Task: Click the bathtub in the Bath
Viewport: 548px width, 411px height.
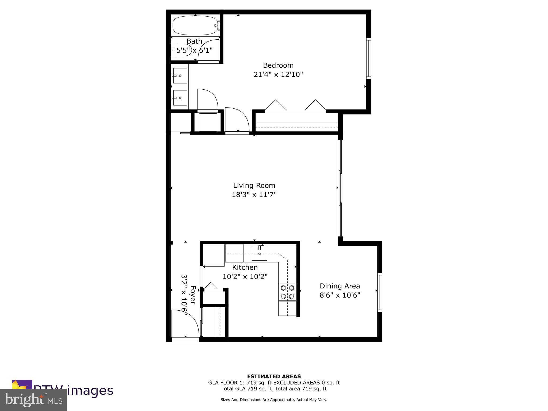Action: point(195,26)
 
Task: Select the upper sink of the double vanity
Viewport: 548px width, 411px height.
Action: point(180,76)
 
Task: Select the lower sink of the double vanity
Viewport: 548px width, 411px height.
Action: point(180,98)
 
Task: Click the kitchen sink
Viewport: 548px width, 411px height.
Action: point(259,254)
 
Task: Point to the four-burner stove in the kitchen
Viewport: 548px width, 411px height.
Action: point(287,292)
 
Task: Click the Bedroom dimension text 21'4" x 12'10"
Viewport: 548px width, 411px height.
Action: point(278,74)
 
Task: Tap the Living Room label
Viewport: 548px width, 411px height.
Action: point(254,185)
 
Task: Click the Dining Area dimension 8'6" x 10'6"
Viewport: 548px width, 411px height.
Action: point(340,295)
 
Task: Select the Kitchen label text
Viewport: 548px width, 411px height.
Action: point(245,267)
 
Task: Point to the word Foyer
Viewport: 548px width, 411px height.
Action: point(193,295)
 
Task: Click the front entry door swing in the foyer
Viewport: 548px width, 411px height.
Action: point(185,324)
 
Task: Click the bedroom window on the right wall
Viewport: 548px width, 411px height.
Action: point(368,58)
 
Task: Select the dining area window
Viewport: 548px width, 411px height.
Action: point(379,292)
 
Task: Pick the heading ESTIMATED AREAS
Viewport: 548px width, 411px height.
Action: point(274,376)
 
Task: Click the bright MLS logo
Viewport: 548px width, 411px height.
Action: point(33,400)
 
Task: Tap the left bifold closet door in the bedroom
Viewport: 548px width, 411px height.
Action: point(275,105)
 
